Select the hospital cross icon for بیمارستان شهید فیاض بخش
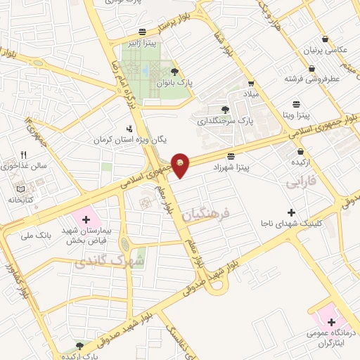tap(86, 219)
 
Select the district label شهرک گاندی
tap(108, 262)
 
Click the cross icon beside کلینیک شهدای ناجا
tap(292, 212)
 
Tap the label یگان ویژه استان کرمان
tap(133, 139)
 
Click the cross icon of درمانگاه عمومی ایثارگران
tap(330, 322)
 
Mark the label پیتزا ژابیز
tap(143, 42)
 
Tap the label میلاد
tap(251, 93)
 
